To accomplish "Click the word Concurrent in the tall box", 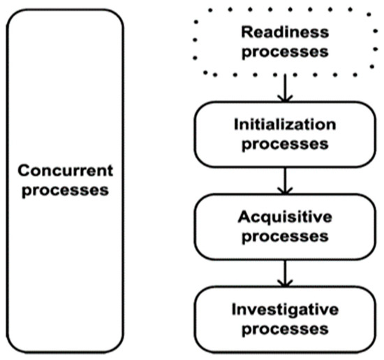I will pyautogui.click(x=64, y=171).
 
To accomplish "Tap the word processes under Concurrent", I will pyautogui.click(x=64, y=190).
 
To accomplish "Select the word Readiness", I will pyautogui.click(x=283, y=32).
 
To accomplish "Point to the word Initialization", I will pyautogui.click(x=283, y=125).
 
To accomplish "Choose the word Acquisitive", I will pyautogui.click(x=283, y=217).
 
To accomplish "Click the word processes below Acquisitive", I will pyautogui.click(x=283, y=236).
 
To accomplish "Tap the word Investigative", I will pyautogui.click(x=283, y=308).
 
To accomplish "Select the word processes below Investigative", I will pyautogui.click(x=283, y=327).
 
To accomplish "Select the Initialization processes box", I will pyautogui.click(x=209, y=134).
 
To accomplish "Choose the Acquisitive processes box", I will pyautogui.click(x=209, y=226).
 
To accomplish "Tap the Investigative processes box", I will pyautogui.click(x=209, y=318).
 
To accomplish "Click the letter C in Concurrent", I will pyautogui.click(x=24, y=171).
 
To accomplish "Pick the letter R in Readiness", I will pyautogui.click(x=246, y=32).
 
